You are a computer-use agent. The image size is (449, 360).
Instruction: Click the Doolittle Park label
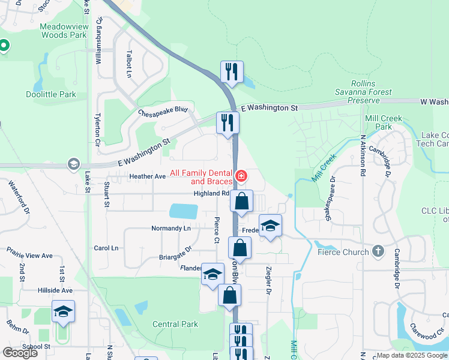(x=51, y=94)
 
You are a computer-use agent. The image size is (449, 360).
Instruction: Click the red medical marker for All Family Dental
(x=241, y=176)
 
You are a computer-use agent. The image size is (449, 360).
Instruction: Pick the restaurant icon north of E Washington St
(x=231, y=72)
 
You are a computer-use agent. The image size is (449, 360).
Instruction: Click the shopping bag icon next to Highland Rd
(x=241, y=201)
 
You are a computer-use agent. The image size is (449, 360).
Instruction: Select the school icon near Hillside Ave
(x=63, y=311)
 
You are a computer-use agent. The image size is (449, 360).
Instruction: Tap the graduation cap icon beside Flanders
(x=212, y=274)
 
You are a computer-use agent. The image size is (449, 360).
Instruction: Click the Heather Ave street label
(x=148, y=176)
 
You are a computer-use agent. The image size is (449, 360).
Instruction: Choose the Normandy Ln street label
(x=170, y=229)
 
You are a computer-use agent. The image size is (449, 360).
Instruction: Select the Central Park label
(x=175, y=324)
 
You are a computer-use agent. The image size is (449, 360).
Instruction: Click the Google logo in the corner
(x=20, y=352)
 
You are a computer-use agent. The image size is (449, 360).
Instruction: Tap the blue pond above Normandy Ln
(x=183, y=211)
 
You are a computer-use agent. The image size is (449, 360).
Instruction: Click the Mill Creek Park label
(x=384, y=123)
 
